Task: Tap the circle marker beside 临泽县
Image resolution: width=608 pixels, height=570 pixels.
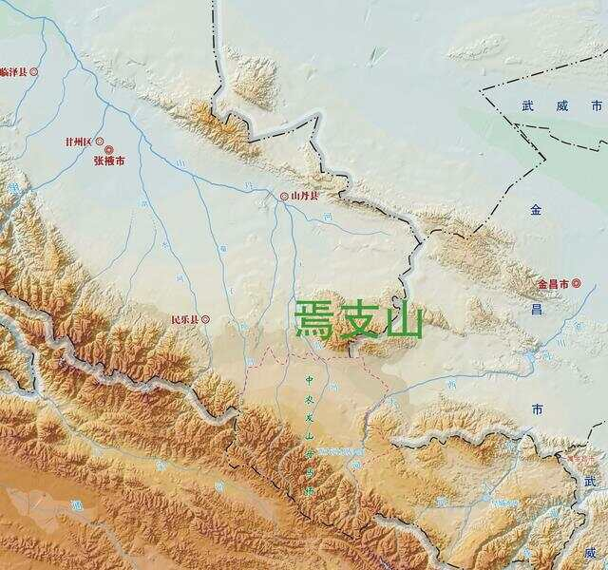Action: click(34, 71)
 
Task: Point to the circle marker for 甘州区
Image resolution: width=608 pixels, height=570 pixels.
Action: click(99, 142)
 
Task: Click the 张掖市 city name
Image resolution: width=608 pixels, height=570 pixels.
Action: click(109, 161)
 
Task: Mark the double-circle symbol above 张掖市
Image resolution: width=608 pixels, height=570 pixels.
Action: click(109, 150)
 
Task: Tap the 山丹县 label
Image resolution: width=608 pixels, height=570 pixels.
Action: click(305, 197)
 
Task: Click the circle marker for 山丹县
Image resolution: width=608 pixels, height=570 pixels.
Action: click(283, 197)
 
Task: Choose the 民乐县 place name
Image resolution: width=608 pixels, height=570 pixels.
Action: click(184, 320)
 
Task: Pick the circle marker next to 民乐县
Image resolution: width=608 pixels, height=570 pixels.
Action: click(205, 320)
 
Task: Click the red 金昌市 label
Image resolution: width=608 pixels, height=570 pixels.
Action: click(552, 283)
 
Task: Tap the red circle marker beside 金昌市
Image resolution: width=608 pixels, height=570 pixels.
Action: click(575, 283)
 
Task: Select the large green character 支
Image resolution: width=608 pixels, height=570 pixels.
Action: click(356, 320)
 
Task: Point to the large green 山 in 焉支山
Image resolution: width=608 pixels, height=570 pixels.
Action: click(400, 320)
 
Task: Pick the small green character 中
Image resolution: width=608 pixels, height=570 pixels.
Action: click(309, 381)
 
